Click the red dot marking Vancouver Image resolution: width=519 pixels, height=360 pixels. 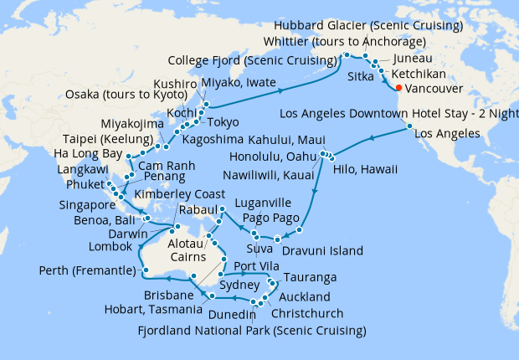(398, 88)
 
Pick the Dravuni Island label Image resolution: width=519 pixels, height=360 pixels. (322, 250)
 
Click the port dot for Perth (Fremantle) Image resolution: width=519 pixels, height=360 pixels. (145, 271)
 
